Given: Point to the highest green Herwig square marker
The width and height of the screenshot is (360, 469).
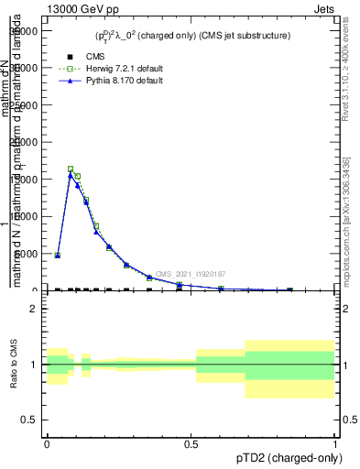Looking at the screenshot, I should (71, 169).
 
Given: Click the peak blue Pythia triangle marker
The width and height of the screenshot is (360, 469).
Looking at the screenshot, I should (71, 175).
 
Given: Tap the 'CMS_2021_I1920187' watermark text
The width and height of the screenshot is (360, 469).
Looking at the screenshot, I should (190, 274).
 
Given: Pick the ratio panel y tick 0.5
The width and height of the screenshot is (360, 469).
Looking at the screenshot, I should (28, 420).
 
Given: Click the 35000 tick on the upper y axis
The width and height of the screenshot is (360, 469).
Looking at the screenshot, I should (23, 30).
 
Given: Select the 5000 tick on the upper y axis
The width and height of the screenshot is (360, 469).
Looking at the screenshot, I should (26, 254).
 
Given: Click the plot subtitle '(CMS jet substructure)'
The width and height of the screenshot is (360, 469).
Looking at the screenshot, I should (241, 36).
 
